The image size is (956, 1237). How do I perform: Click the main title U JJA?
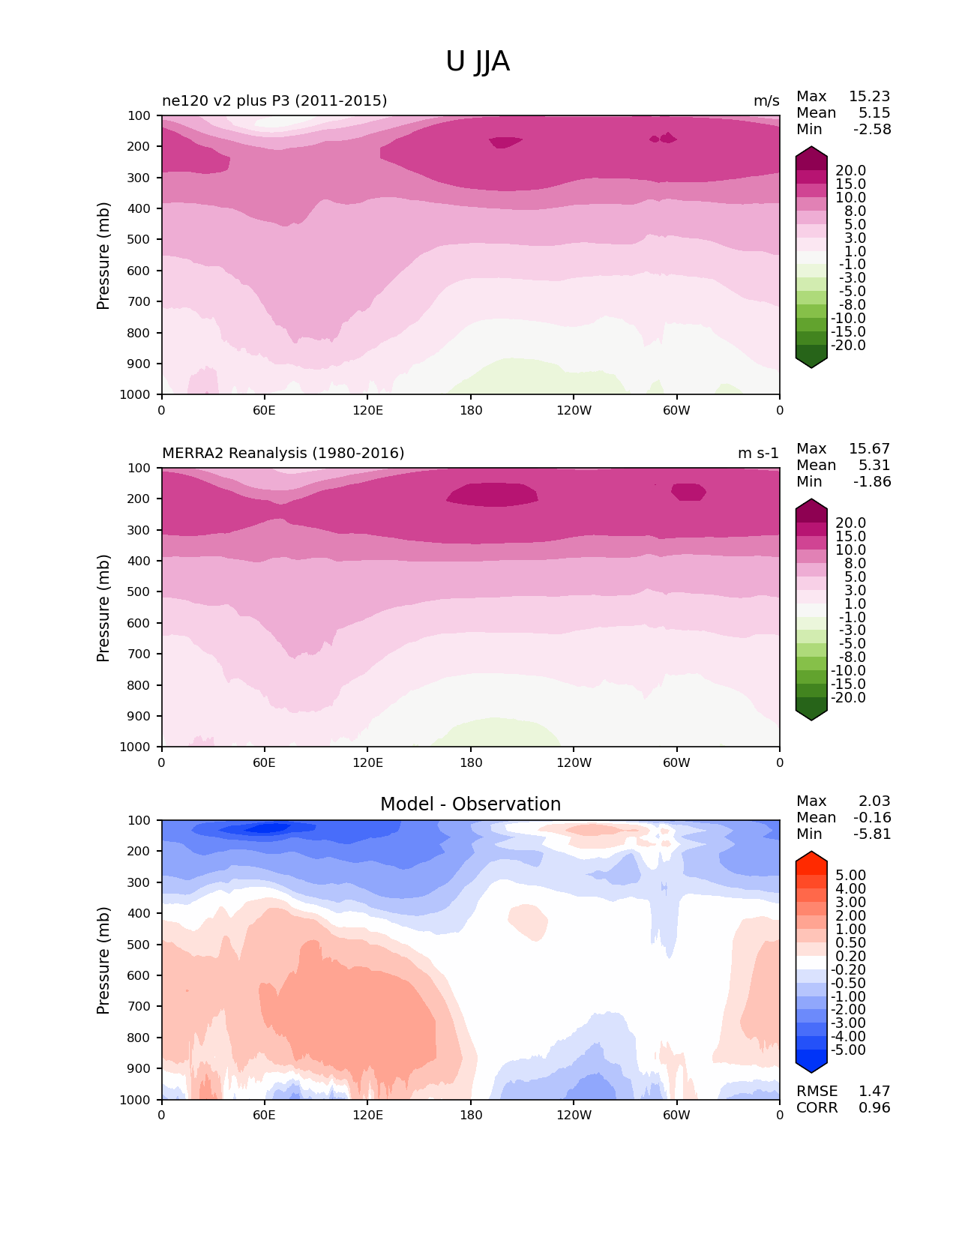click(x=478, y=61)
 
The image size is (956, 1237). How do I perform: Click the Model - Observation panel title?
click(x=470, y=804)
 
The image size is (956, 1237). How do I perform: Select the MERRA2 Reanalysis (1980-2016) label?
click(x=283, y=453)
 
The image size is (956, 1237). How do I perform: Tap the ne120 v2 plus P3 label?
click(x=274, y=100)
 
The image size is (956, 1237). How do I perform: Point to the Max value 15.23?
click(x=869, y=96)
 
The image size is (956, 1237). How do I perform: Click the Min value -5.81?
click(x=872, y=834)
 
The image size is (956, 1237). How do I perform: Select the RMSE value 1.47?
click(x=874, y=1091)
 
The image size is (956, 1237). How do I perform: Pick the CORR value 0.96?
click(x=874, y=1107)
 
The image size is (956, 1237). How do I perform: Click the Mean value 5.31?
click(x=874, y=465)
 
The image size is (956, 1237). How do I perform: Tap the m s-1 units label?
click(x=758, y=453)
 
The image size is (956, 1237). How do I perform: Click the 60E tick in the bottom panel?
click(x=264, y=1115)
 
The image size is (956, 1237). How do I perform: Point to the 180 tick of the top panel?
click(x=471, y=410)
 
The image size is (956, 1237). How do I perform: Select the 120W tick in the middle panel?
click(x=574, y=762)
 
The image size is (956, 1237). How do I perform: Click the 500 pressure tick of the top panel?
click(x=140, y=239)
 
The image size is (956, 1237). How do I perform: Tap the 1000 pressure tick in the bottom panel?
click(x=136, y=1100)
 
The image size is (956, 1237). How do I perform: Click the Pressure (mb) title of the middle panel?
click(x=103, y=607)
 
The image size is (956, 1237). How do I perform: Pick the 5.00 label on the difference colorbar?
click(x=850, y=875)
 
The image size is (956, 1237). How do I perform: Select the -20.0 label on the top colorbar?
click(x=848, y=345)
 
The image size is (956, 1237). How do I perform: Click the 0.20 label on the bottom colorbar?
click(x=850, y=956)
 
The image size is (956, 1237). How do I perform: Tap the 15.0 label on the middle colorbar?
click(x=850, y=536)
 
